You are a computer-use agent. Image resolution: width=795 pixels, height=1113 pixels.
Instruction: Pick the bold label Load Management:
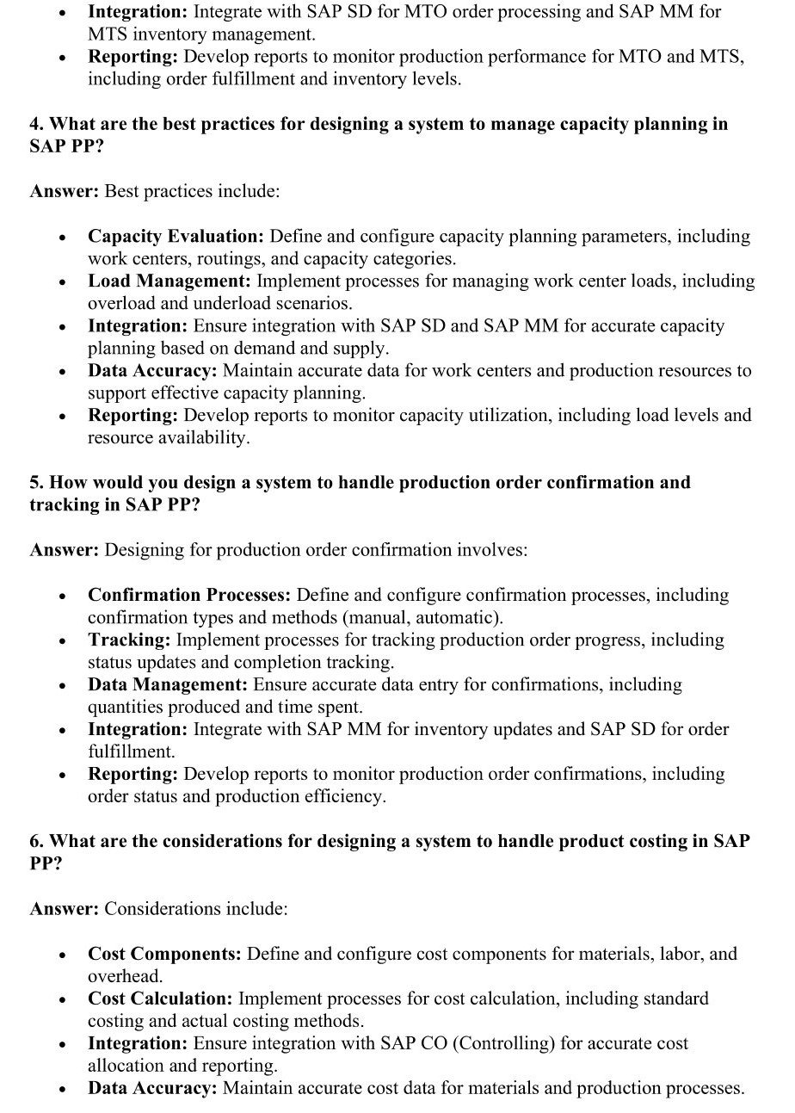(x=169, y=281)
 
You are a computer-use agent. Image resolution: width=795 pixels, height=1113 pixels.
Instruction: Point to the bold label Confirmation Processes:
(x=189, y=596)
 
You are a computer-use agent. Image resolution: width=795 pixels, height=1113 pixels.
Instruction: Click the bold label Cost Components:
(x=164, y=955)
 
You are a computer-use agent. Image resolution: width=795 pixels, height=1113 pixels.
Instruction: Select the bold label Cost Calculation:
(x=160, y=999)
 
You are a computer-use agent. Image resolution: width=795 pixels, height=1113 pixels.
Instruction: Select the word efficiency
(x=341, y=797)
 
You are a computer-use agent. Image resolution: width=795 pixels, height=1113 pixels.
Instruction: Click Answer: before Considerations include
(x=65, y=909)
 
